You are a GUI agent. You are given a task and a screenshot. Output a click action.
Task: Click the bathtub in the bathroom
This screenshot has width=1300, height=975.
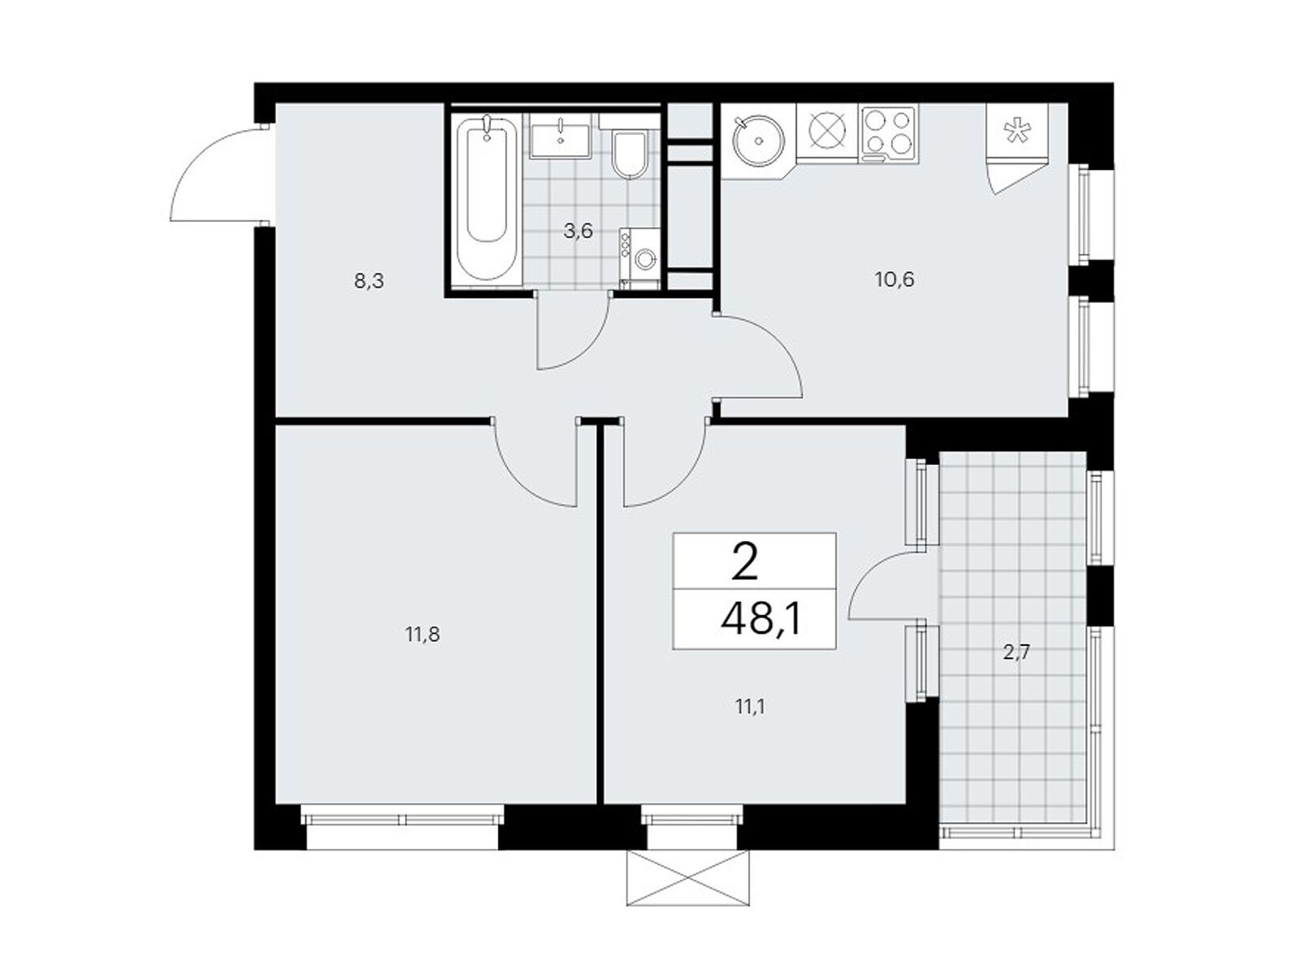point(486,198)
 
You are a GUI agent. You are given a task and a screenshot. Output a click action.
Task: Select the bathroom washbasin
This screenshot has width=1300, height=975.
point(560,136)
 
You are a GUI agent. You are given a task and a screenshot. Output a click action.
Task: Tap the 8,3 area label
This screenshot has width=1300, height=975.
point(369,281)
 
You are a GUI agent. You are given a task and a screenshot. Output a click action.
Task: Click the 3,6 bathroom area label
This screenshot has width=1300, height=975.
point(578,231)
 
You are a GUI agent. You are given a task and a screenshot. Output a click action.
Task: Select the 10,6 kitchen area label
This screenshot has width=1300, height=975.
point(895,279)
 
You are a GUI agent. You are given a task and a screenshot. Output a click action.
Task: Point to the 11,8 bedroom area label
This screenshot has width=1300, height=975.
point(422,635)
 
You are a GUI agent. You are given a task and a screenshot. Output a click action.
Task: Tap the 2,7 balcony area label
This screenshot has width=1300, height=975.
point(1016,653)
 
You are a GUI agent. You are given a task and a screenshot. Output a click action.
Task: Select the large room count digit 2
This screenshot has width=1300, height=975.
point(744,563)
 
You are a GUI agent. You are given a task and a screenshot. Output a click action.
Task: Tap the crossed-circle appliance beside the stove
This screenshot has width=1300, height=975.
point(827,135)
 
